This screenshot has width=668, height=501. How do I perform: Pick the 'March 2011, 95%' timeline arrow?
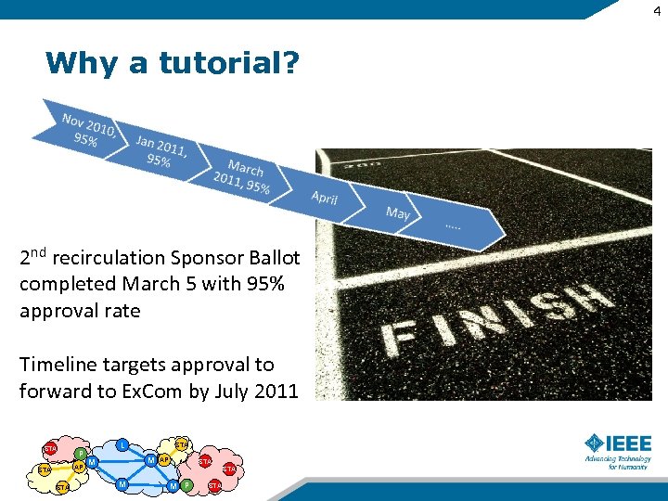(241, 176)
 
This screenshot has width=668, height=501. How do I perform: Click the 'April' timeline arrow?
(324, 198)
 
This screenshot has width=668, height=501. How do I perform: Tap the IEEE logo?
(618, 443)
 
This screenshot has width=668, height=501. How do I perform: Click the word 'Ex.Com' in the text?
(152, 392)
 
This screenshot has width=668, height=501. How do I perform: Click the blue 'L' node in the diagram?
(122, 445)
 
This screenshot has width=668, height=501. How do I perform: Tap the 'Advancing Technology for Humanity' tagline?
(618, 462)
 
